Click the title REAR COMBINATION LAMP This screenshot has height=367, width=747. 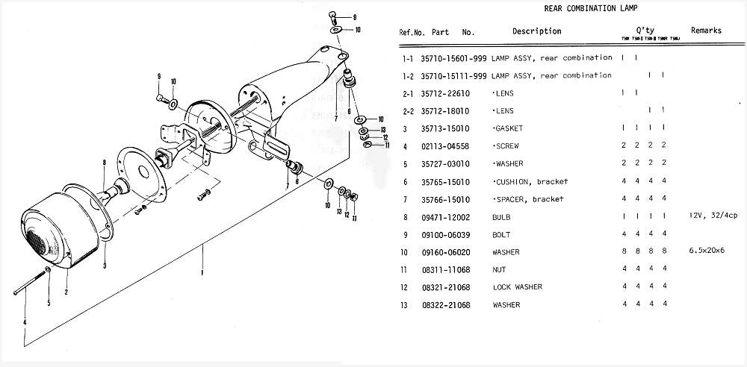pyautogui.click(x=582, y=9)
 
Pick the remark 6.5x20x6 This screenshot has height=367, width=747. pyautogui.click(x=707, y=252)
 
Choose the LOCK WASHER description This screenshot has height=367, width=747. pyautogui.click(x=517, y=287)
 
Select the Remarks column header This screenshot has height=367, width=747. pyautogui.click(x=706, y=31)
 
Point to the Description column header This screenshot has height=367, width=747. pyautogui.click(x=536, y=31)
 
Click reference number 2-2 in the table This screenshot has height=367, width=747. pyautogui.click(x=408, y=110)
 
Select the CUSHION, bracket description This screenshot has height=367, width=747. pyautogui.click(x=530, y=181)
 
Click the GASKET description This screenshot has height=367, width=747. pyautogui.click(x=508, y=128)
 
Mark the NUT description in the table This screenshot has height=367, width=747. pyautogui.click(x=500, y=269)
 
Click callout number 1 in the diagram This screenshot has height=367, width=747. pyautogui.click(x=202, y=273)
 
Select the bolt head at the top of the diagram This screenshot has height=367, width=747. pyautogui.click(x=332, y=15)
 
